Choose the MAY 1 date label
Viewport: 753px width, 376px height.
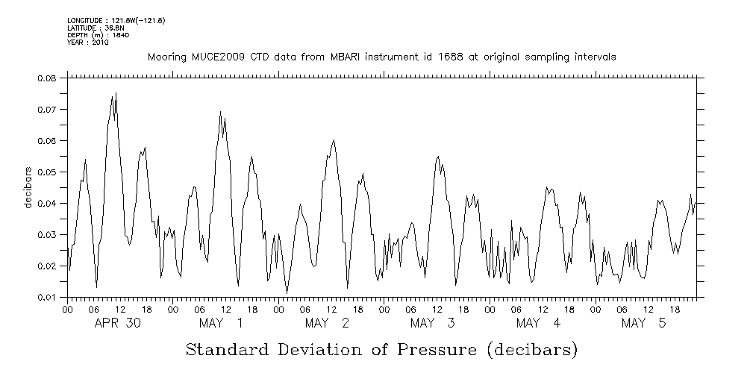[221, 323]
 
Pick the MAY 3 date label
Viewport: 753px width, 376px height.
[432, 323]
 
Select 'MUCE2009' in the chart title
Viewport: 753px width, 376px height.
[211, 57]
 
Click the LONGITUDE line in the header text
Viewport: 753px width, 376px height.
[116, 20]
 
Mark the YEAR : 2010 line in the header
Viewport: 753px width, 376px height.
[88, 43]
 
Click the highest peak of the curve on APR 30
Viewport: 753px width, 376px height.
[116, 93]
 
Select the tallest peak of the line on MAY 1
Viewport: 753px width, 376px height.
[220, 111]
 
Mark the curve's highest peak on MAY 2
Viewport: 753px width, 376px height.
[334, 140]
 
